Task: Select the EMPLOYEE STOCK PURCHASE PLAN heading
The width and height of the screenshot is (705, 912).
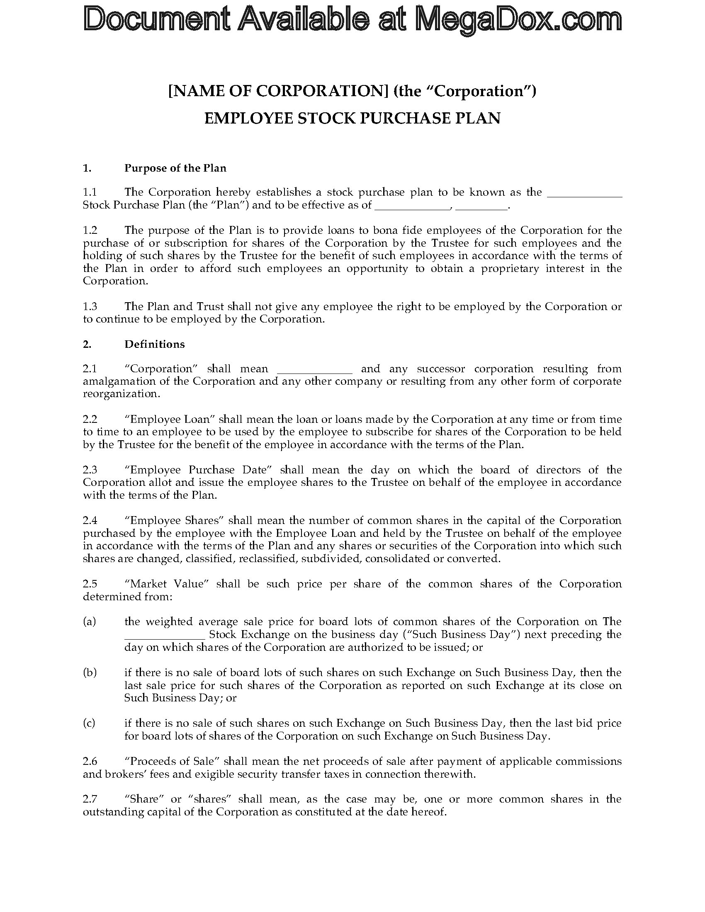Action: point(352,118)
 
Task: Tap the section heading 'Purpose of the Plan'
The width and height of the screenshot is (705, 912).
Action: point(175,168)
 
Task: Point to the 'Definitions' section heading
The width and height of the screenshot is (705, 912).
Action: point(154,344)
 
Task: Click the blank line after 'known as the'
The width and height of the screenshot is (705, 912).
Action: point(584,193)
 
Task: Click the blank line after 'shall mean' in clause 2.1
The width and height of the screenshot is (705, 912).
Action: point(314,369)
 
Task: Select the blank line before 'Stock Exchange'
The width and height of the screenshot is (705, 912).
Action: point(165,635)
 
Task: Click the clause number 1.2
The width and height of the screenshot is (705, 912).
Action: point(90,230)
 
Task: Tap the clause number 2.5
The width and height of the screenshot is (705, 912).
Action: point(90,583)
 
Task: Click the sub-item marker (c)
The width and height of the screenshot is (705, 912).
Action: point(89,723)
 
